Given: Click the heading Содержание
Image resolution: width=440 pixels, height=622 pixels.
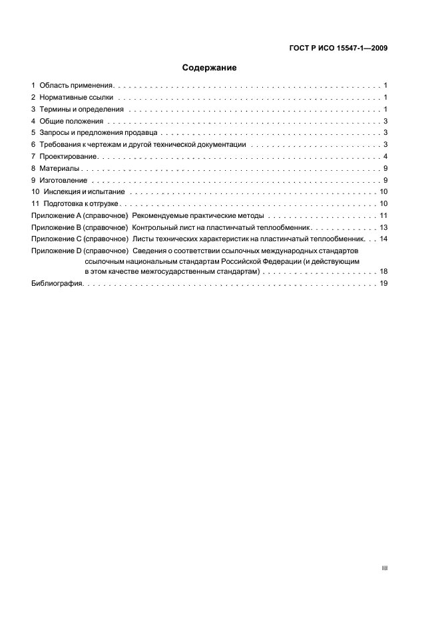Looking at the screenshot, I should point(210,68).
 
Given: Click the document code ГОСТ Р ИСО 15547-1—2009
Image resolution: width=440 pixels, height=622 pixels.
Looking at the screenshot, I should point(339,48).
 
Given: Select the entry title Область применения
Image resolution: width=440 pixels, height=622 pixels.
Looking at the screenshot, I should point(77,86).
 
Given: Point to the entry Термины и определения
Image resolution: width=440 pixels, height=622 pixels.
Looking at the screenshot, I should point(81,109).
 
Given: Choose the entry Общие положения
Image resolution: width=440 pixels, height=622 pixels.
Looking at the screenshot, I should point(71,121).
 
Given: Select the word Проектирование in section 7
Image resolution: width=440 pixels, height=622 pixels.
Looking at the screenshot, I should point(69,156).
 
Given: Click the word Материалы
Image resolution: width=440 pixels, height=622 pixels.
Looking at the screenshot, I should point(60,168).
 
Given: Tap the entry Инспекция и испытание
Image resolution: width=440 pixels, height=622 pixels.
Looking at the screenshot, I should point(83,192).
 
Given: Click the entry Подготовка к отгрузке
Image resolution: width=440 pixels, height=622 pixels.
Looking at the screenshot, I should point(83,204).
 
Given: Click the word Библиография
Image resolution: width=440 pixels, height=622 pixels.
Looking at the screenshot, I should point(57,284).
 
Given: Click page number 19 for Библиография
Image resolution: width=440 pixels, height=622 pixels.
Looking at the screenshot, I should point(383,284).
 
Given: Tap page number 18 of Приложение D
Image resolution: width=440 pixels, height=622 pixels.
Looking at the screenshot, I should point(383,272).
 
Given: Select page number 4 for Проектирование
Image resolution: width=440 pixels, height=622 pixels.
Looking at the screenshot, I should point(385,156).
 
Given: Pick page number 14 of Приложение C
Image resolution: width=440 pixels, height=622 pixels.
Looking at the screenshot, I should point(383,238).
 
